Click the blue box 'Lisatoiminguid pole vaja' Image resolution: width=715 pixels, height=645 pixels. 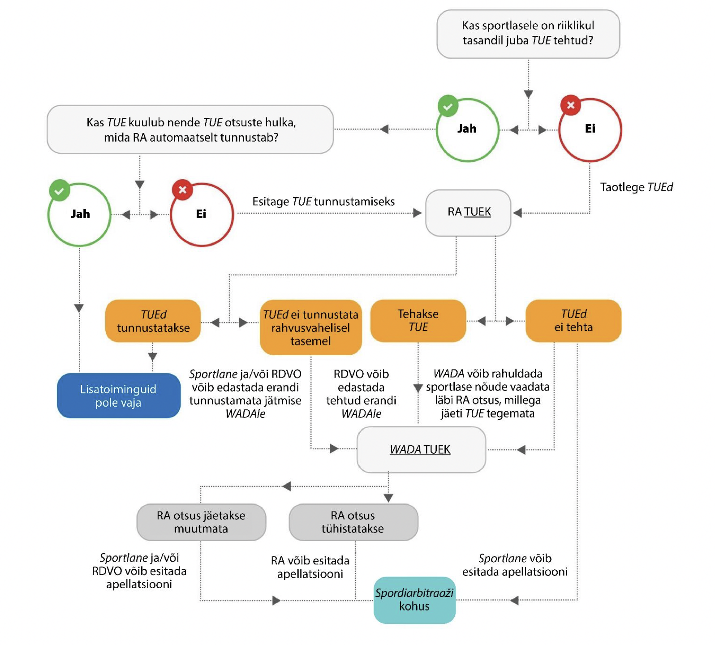pyautogui.click(x=119, y=396)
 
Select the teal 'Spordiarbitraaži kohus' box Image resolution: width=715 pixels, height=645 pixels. pyautogui.click(x=414, y=600)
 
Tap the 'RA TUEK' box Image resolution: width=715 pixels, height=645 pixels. pyautogui.click(x=468, y=213)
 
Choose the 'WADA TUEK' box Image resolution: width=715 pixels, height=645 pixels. pyautogui.click(x=421, y=449)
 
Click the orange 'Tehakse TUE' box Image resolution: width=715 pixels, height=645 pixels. pyautogui.click(x=418, y=321)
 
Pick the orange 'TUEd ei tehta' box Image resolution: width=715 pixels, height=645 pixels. pyautogui.click(x=573, y=321)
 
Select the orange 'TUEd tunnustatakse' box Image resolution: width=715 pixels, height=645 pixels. pyautogui.click(x=153, y=321)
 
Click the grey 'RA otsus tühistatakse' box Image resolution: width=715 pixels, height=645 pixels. pyautogui.click(x=353, y=522)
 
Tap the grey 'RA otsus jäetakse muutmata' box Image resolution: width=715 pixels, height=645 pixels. pyautogui.click(x=201, y=522)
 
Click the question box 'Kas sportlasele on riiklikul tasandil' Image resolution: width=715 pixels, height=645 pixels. pyautogui.click(x=528, y=34)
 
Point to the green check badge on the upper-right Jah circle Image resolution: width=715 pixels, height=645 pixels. pyautogui.click(x=448, y=106)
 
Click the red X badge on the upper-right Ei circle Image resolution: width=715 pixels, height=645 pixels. pyautogui.click(x=571, y=105)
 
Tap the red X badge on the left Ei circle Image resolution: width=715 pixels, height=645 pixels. pyautogui.click(x=182, y=189)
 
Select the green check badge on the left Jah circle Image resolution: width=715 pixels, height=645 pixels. pyautogui.click(x=60, y=190)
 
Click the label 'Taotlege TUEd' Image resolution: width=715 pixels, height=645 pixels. pyautogui.click(x=637, y=187)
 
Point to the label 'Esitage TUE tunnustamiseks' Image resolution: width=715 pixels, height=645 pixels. pyautogui.click(x=323, y=202)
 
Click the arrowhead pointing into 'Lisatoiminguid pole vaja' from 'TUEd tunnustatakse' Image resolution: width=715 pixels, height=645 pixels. pyautogui.click(x=153, y=357)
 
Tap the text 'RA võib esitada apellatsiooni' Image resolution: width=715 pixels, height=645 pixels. pyautogui.click(x=310, y=567)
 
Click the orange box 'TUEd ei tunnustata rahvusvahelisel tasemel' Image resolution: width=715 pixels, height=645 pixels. pyautogui.click(x=311, y=327)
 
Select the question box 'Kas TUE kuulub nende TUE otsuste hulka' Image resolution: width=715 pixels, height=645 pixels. pyautogui.click(x=190, y=129)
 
